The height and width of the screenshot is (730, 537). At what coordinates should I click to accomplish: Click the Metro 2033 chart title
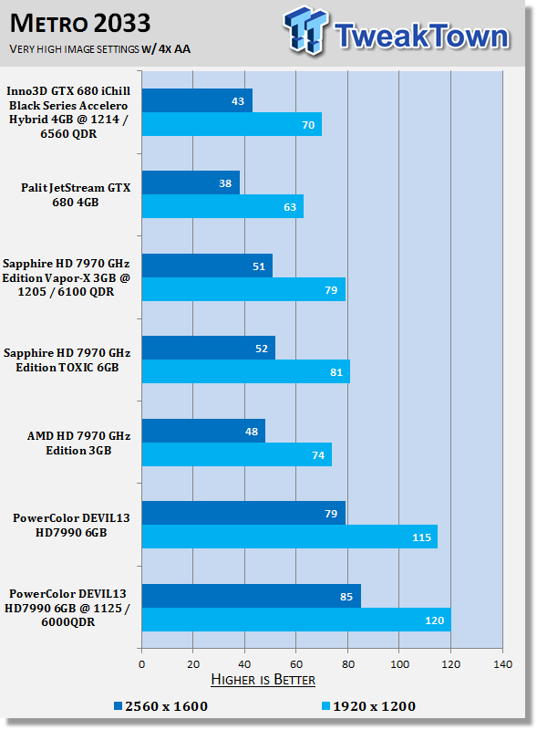(x=80, y=24)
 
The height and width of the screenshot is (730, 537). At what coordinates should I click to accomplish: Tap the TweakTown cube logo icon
(x=305, y=30)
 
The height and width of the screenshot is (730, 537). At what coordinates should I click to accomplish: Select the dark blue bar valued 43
(x=197, y=100)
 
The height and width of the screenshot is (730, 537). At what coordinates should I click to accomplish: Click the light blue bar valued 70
(x=232, y=124)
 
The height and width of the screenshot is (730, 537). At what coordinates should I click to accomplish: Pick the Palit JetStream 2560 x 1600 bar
(x=191, y=182)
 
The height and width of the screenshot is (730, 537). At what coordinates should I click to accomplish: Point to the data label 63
(x=290, y=207)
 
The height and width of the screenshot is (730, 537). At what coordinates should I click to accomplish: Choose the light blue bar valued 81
(x=245, y=371)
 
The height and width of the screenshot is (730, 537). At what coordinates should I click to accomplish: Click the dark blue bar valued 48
(x=203, y=431)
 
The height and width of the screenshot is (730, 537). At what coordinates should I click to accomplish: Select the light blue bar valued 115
(x=289, y=537)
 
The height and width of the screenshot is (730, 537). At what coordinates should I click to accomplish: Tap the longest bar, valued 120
(x=296, y=620)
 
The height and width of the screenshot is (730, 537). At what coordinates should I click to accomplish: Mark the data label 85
(x=346, y=597)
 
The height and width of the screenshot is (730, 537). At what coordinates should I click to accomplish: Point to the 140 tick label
(x=502, y=664)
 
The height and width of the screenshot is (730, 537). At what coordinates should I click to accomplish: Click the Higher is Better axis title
(x=263, y=680)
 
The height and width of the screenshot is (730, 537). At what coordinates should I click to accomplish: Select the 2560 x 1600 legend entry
(x=161, y=706)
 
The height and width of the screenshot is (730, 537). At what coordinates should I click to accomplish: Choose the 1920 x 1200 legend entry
(x=368, y=706)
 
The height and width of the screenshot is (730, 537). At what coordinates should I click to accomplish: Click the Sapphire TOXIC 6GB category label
(x=67, y=360)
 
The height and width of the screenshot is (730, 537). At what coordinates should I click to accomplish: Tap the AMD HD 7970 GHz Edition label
(x=78, y=443)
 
